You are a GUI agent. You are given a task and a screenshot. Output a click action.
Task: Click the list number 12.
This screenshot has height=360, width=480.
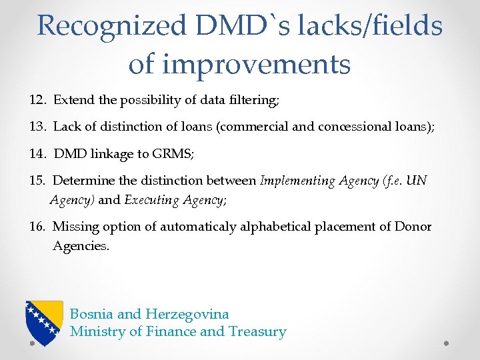tap(38, 100)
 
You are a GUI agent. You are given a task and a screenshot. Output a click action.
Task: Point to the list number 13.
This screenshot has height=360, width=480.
tap(38, 127)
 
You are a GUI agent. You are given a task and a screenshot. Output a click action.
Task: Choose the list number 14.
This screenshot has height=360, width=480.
tap(38, 153)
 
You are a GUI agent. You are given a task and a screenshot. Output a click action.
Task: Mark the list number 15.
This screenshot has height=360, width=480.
tap(38, 180)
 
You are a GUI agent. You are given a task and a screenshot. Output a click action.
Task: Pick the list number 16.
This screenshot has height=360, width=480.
tap(38, 227)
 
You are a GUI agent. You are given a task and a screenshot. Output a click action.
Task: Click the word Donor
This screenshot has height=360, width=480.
tap(413, 227)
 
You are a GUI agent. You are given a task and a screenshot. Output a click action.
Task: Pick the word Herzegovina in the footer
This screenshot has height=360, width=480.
tap(187, 314)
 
